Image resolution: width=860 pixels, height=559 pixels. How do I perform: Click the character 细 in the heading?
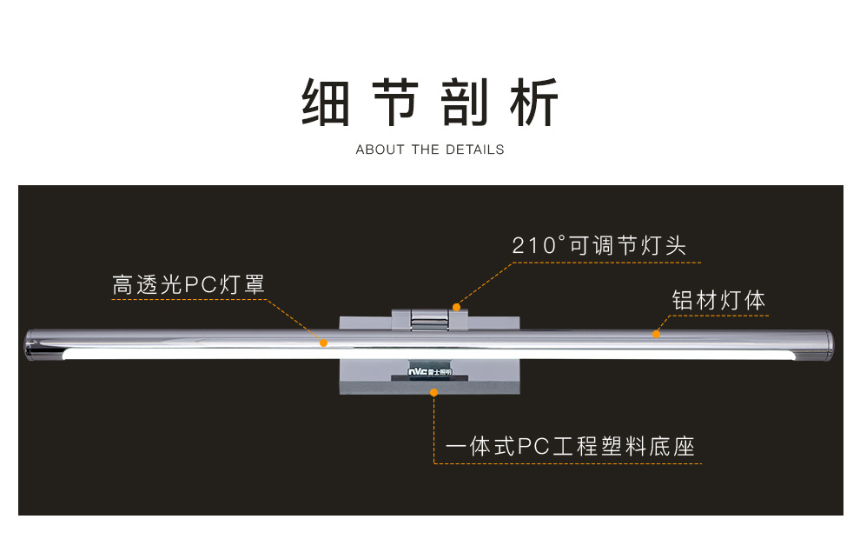pos(326,103)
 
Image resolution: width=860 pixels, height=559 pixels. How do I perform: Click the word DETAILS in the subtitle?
pos(474,150)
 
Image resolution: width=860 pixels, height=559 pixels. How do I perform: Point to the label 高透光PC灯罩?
pos(188,284)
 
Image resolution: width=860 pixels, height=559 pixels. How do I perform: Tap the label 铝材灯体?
pos(718,301)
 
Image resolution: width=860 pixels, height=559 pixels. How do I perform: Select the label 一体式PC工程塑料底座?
pos(570,448)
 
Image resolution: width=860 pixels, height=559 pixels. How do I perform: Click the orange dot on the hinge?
pos(456,307)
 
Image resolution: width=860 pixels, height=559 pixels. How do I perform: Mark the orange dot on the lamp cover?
pos(323,343)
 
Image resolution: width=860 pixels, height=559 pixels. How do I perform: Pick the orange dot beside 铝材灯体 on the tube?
pos(656,334)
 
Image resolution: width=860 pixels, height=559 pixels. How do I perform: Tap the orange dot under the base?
pos(433,393)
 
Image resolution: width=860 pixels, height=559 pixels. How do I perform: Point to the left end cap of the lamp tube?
pos(33,344)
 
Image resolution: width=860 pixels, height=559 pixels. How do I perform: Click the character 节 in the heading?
pos(396,103)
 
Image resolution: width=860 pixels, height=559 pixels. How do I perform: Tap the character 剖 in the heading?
pos(465,103)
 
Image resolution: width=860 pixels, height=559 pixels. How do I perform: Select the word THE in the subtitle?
pos(426,150)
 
